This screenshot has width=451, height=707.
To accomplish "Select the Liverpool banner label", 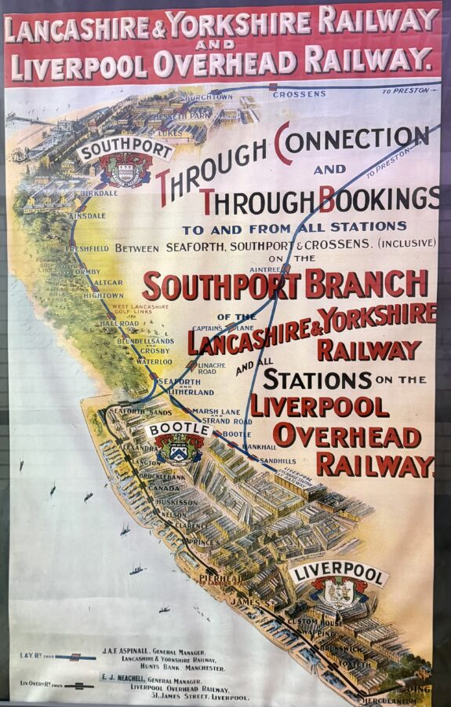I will (339, 573).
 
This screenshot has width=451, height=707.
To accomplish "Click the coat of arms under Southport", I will (125, 170).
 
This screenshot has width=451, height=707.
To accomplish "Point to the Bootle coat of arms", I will (180, 450).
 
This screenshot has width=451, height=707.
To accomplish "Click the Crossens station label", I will (299, 94).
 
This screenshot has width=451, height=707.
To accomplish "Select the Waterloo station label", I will (155, 361).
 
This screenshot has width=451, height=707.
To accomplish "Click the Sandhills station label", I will (278, 460).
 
